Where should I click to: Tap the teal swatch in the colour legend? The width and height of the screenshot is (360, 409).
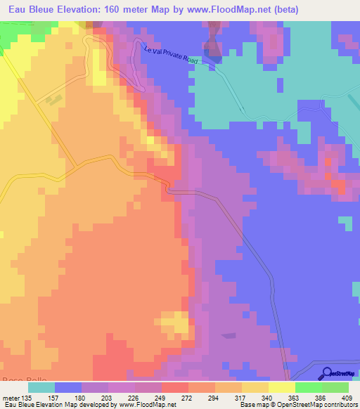41,387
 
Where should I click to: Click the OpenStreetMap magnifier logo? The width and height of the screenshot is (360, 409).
328,373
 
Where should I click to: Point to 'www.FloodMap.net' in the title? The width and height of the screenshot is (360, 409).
223,9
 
